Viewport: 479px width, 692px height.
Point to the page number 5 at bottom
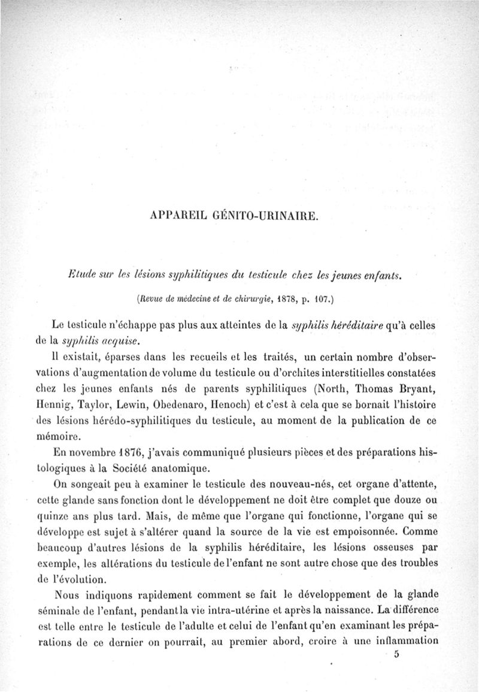click(397, 655)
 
